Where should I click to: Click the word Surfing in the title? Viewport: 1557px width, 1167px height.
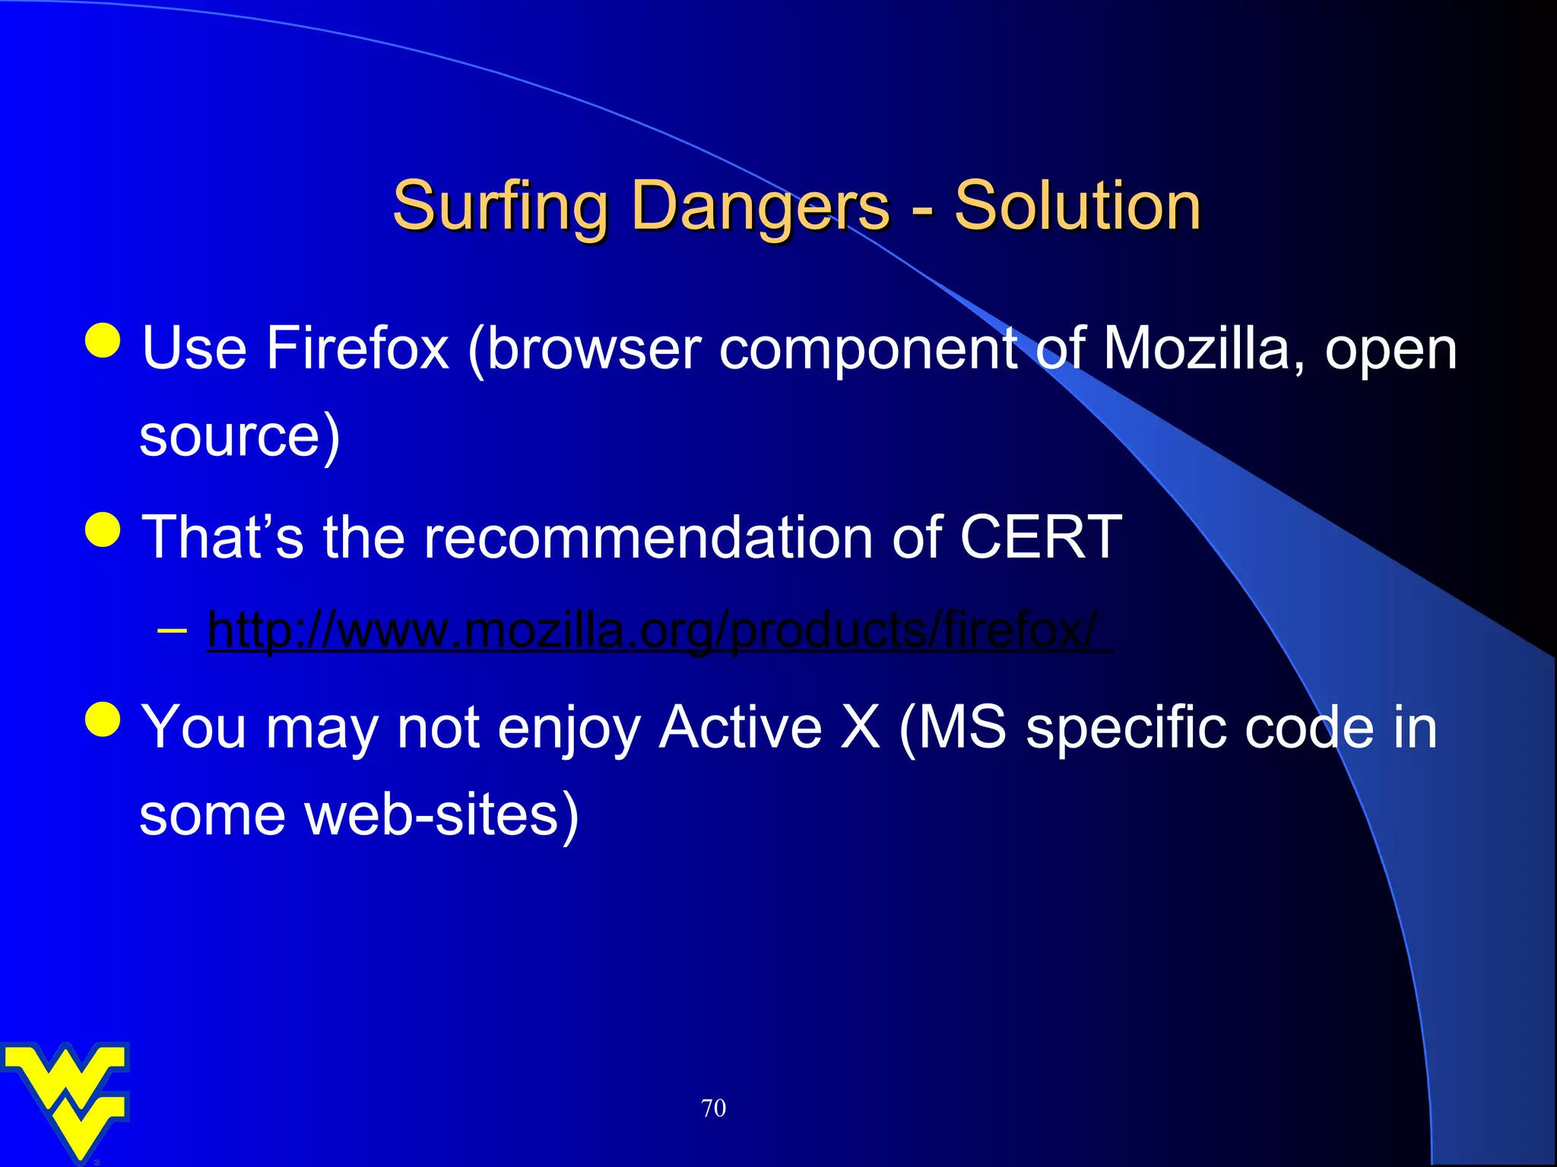[499, 207]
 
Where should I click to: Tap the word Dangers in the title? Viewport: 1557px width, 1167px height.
[759, 207]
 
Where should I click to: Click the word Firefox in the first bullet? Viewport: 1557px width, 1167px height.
[357, 349]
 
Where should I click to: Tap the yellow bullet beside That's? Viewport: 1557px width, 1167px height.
[103, 530]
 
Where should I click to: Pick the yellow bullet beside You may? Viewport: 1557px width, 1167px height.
[103, 719]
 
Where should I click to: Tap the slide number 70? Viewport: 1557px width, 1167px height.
[713, 1108]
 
